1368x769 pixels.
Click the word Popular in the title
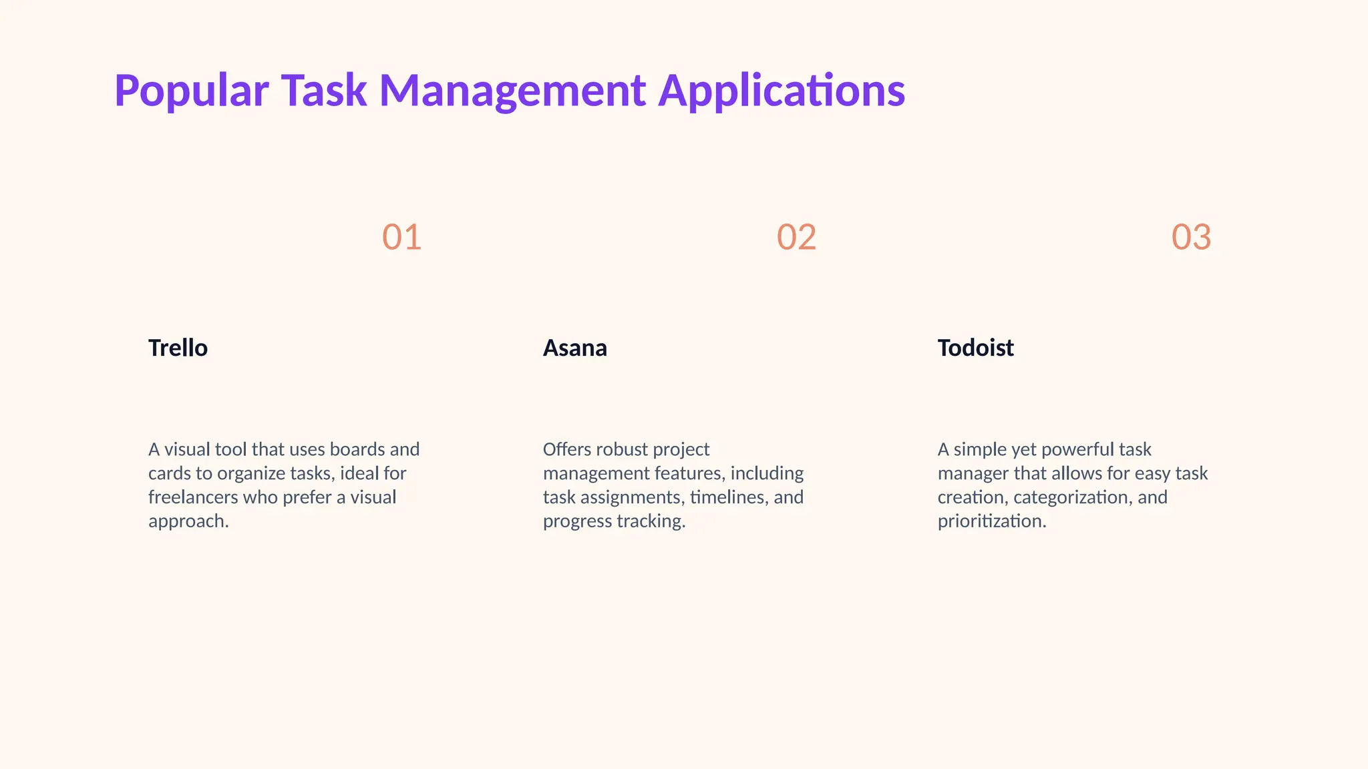[x=192, y=91]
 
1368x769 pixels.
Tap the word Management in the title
[x=512, y=91]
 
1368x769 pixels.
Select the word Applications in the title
[x=782, y=91]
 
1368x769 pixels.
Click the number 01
[x=401, y=237]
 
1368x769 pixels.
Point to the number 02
[x=796, y=237]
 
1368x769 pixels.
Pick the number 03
[x=1191, y=237]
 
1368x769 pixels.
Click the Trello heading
[x=178, y=348]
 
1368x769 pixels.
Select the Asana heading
[x=574, y=348]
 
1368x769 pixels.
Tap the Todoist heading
[x=975, y=348]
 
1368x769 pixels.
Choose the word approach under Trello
[x=188, y=521]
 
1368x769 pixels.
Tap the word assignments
[x=632, y=497]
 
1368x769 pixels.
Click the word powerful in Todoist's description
[x=1077, y=449]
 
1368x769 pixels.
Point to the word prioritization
[x=991, y=521]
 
